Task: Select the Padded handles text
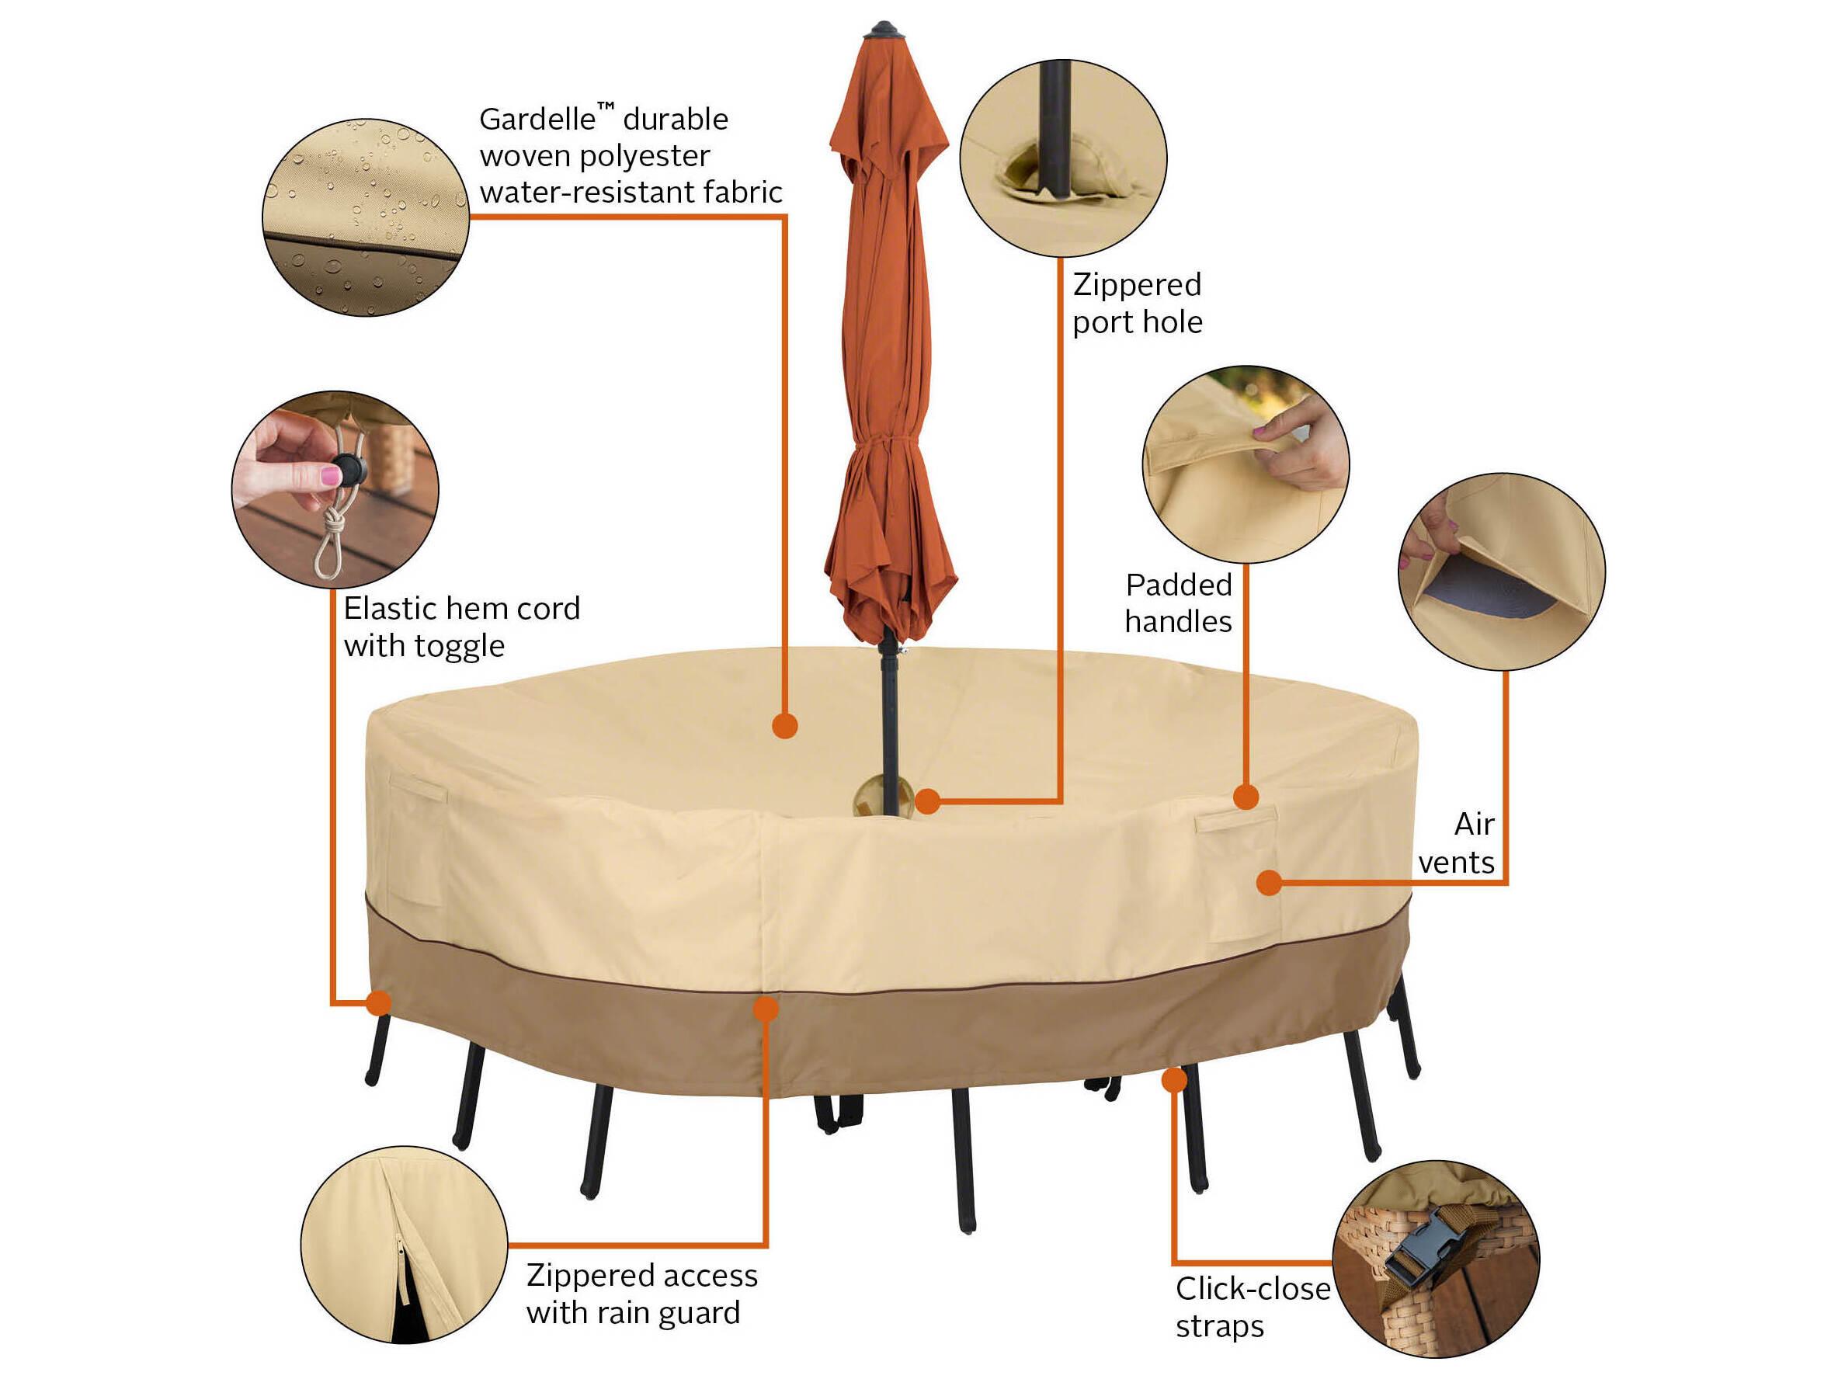tap(1178, 603)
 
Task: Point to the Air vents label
tap(1458, 843)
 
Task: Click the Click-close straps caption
tap(1253, 1307)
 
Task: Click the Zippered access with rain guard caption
tap(641, 1294)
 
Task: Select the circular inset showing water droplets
tap(366, 217)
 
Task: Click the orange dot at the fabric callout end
tap(784, 726)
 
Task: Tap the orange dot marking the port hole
tap(927, 801)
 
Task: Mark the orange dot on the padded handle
tap(1246, 797)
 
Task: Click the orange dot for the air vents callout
tap(1268, 883)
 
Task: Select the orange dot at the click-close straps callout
tap(1173, 1080)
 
